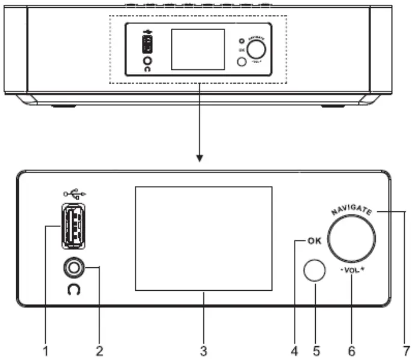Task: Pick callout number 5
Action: pos(317,350)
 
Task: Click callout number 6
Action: pos(352,350)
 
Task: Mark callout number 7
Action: pos(407,350)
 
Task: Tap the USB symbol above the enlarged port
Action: pos(73,194)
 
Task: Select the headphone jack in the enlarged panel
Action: pos(72,266)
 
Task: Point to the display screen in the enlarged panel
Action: pos(203,238)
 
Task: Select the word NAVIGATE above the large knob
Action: pos(352,208)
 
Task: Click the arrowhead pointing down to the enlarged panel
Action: pos(200,160)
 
